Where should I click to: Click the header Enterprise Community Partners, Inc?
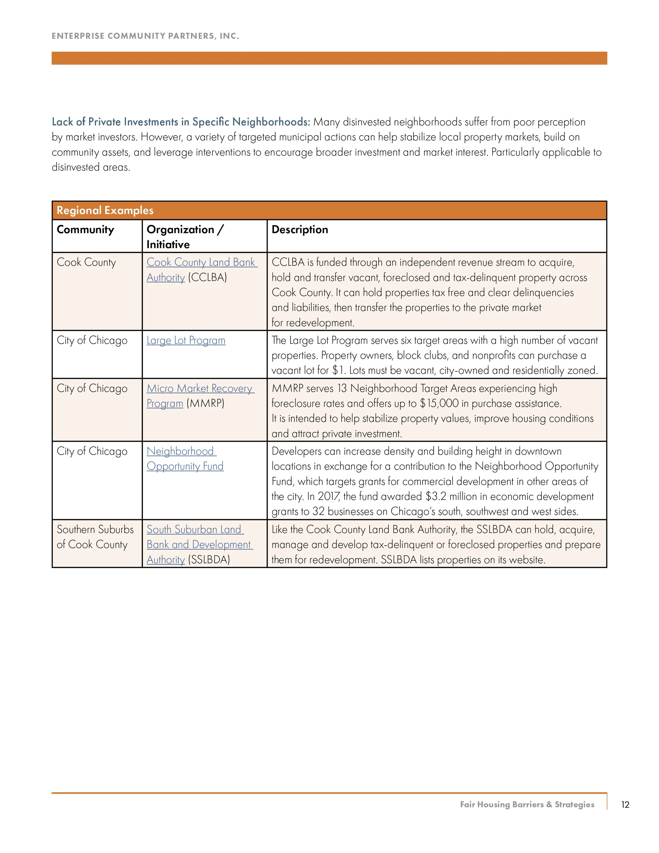[145, 36]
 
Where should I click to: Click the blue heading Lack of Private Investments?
[181, 122]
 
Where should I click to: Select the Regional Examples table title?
[105, 210]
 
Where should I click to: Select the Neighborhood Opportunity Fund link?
[185, 459]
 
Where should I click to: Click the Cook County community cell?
[86, 262]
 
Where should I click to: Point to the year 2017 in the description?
[329, 497]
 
